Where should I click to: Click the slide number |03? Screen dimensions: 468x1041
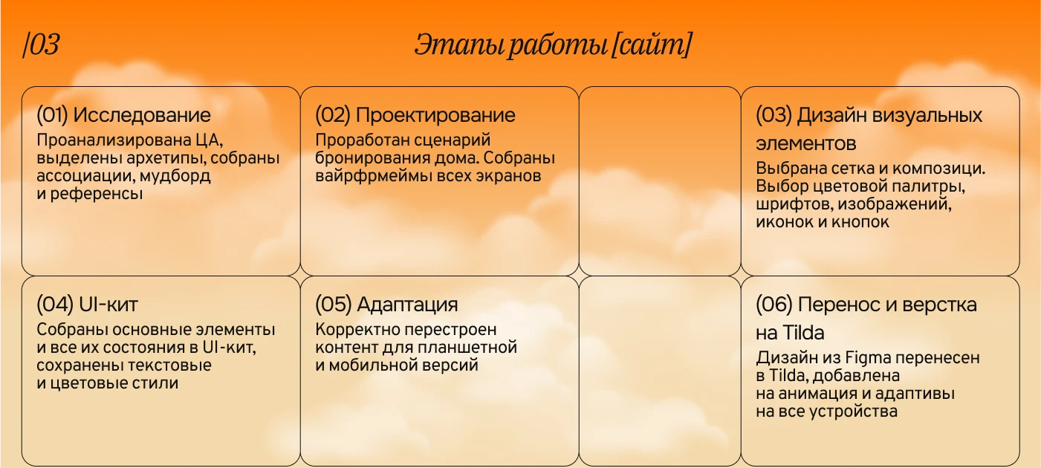click(42, 46)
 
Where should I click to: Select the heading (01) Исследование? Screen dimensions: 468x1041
click(123, 115)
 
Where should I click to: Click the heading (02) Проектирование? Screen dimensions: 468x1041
click(415, 115)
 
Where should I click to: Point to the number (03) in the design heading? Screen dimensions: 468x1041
click(774, 115)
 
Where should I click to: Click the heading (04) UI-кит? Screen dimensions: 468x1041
click(87, 305)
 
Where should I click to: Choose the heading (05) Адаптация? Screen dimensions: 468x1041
click(386, 305)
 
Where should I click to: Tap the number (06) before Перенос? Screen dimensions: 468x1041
click(774, 305)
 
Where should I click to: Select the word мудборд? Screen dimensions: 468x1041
click(179, 176)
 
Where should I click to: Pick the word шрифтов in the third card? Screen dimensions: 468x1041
click(788, 204)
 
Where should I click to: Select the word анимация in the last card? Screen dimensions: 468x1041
click(819, 394)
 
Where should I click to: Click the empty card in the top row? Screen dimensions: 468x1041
click(659, 181)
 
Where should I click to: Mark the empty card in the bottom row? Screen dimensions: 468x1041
click(659, 371)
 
